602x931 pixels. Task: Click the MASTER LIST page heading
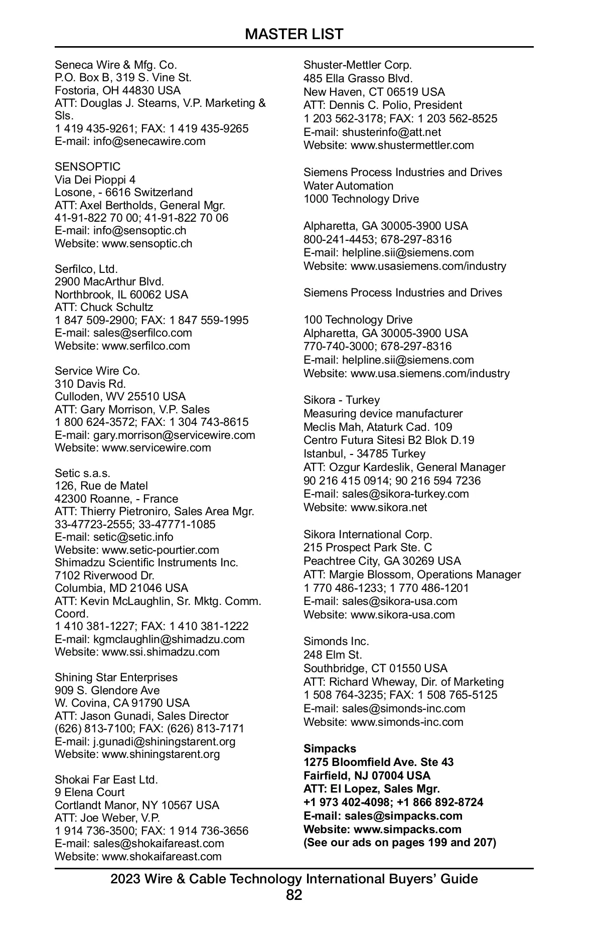click(294, 34)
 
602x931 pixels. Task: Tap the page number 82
click(294, 895)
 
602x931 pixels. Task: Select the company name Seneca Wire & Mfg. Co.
click(116, 65)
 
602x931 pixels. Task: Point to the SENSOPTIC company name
click(88, 167)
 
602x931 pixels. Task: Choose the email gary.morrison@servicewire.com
click(174, 435)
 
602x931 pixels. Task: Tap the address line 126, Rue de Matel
click(101, 486)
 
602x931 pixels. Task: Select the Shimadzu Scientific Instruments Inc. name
click(146, 562)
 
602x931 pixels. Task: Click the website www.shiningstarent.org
click(161, 754)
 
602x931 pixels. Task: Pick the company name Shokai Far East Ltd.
click(106, 780)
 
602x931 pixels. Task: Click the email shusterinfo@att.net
click(391, 132)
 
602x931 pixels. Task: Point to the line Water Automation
click(348, 186)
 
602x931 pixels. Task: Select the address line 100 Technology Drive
click(358, 320)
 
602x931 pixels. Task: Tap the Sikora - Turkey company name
click(342, 400)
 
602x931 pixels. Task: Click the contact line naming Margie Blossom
click(412, 574)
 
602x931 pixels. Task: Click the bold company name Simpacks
click(330, 748)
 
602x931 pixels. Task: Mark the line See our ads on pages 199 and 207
click(400, 842)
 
